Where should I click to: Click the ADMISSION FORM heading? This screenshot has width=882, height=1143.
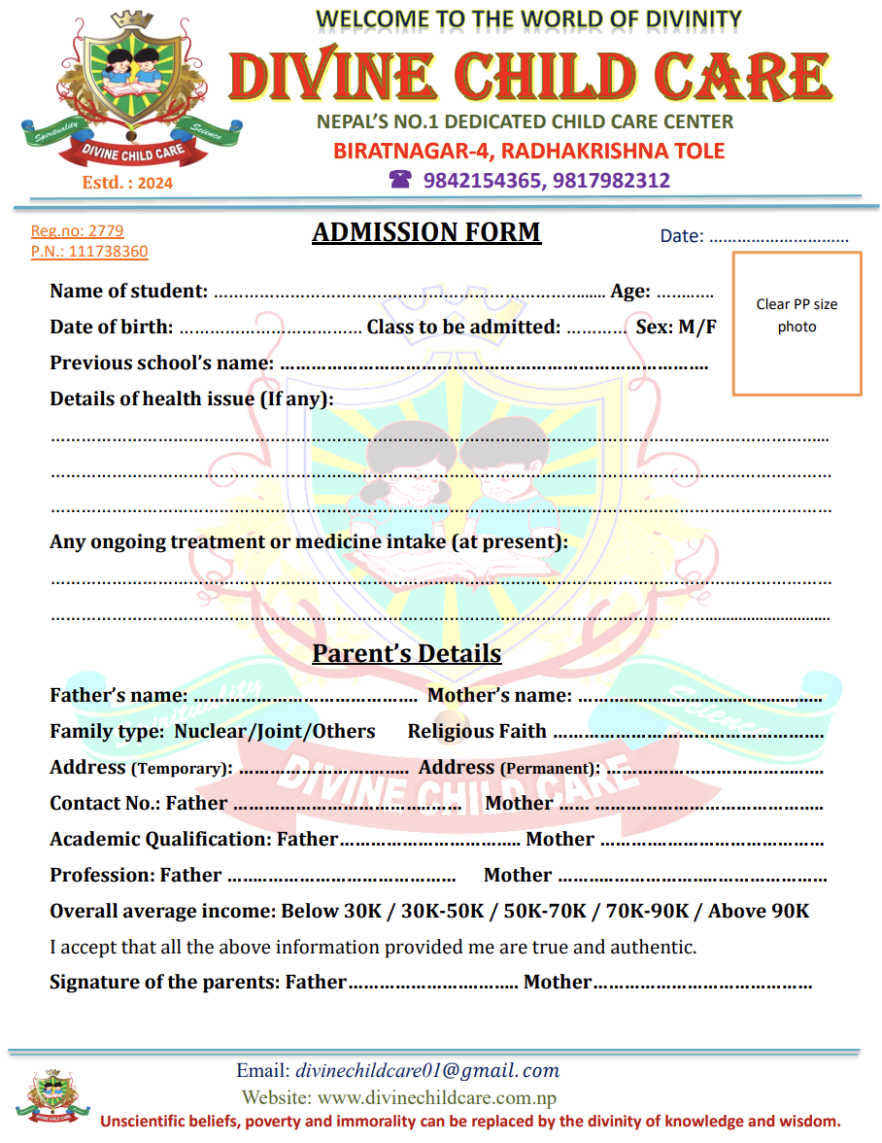pyautogui.click(x=426, y=233)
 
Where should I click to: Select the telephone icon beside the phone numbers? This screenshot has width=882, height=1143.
pyautogui.click(x=400, y=180)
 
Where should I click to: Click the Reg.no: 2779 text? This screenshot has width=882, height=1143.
pyautogui.click(x=78, y=231)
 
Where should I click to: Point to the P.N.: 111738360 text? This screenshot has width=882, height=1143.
pyautogui.click(x=89, y=252)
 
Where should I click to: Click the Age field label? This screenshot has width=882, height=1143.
pyautogui.click(x=630, y=291)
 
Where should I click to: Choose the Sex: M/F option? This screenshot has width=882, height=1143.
pyautogui.click(x=676, y=328)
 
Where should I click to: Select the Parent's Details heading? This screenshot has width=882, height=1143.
pyautogui.click(x=406, y=653)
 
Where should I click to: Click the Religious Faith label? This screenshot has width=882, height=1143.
pyautogui.click(x=477, y=732)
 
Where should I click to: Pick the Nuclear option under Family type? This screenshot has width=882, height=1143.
pyautogui.click(x=209, y=732)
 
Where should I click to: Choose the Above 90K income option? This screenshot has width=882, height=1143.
pyautogui.click(x=758, y=912)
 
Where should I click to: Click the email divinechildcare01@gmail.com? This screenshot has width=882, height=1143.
pyautogui.click(x=427, y=1071)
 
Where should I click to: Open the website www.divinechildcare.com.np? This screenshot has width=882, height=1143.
pyautogui.click(x=437, y=1098)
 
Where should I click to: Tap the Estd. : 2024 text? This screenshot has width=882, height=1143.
pyautogui.click(x=127, y=183)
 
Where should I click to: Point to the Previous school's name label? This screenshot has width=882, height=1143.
pyautogui.click(x=161, y=364)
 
